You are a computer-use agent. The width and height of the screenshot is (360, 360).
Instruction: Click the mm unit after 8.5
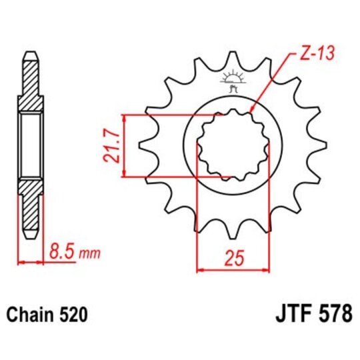85,254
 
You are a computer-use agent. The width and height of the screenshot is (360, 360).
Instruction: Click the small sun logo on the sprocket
234,80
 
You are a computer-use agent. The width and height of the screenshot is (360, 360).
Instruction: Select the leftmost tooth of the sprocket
143,143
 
